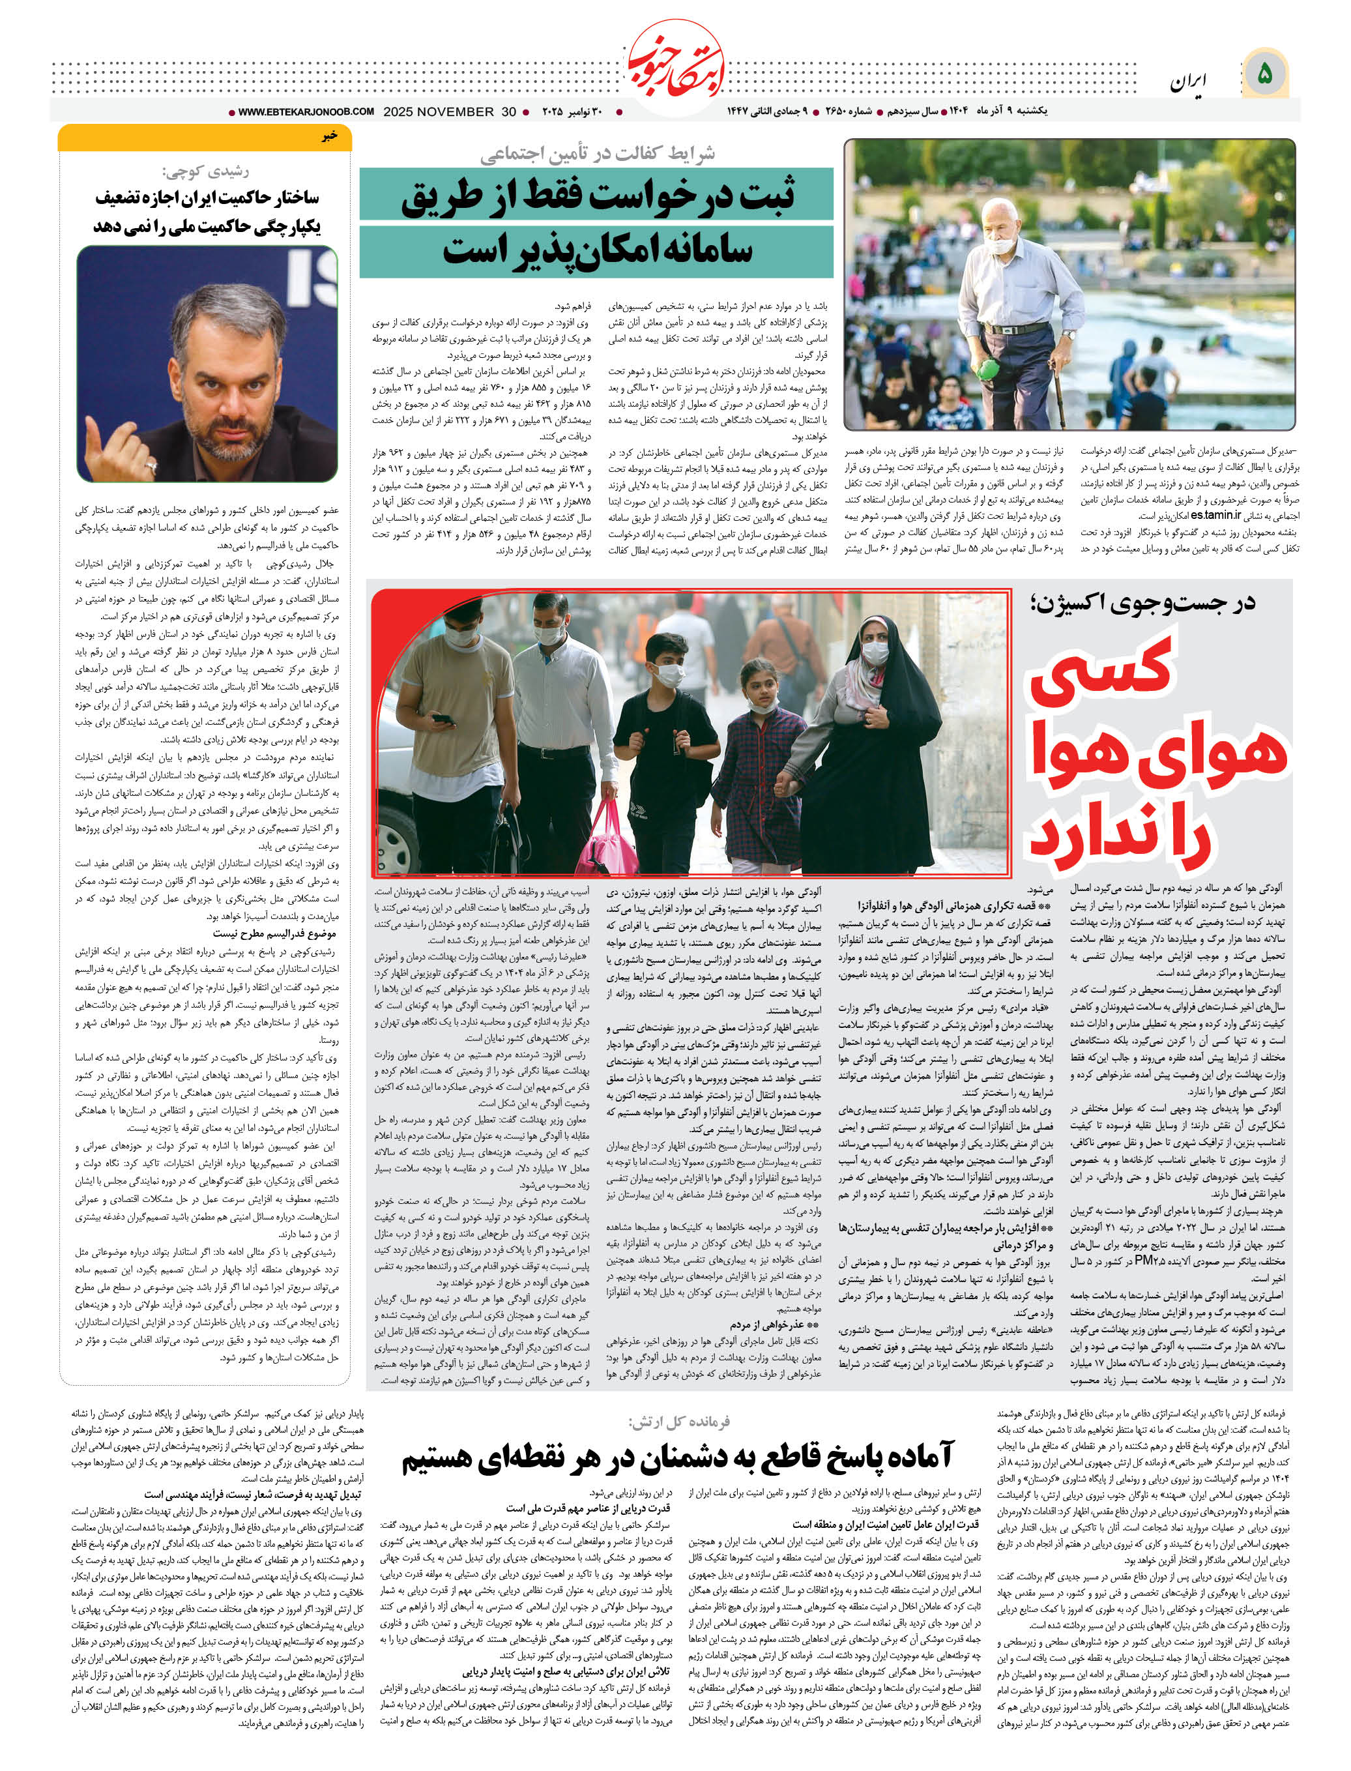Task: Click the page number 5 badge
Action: (x=1265, y=74)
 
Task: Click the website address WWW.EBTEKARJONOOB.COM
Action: (x=306, y=112)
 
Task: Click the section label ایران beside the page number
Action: (x=1188, y=80)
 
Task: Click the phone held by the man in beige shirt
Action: (x=441, y=718)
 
